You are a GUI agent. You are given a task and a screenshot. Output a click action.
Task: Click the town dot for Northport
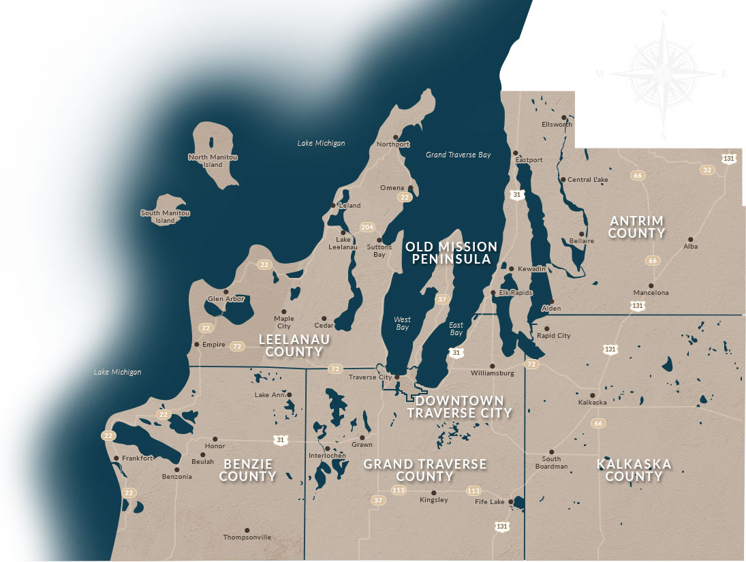coord(395,137)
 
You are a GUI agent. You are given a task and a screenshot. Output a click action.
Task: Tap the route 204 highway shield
coord(367,227)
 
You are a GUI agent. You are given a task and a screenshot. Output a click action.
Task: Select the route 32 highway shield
coord(707,170)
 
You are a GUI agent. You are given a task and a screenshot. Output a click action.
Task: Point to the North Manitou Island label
coord(213,161)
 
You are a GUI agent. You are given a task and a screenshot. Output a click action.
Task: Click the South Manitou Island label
coord(165,217)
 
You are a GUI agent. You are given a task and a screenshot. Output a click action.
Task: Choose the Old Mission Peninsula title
coord(451,252)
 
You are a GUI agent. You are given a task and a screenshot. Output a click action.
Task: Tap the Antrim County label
coord(637,227)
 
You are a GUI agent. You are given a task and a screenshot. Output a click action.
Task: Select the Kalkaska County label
coord(634,470)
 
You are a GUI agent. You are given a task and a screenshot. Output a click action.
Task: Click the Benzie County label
coord(247,470)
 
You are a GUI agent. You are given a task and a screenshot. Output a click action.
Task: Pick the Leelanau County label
coord(294,345)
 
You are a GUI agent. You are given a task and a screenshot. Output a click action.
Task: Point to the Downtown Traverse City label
coord(455,407)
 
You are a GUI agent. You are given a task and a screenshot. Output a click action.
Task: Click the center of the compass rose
coord(664,73)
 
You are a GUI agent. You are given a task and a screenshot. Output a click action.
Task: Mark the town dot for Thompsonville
coord(247,530)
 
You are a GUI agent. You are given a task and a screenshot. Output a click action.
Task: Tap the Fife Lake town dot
coord(510,502)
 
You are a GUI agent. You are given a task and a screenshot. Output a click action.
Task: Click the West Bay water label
coord(403,324)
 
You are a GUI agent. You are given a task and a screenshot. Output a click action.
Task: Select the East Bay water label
coord(456,329)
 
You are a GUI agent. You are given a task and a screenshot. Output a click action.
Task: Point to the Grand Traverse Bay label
coord(458,155)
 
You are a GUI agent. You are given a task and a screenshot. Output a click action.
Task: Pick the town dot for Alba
coord(690,239)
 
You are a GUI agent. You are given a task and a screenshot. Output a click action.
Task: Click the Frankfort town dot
coord(116,458)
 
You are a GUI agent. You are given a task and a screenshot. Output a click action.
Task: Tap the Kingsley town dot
coord(433,493)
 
